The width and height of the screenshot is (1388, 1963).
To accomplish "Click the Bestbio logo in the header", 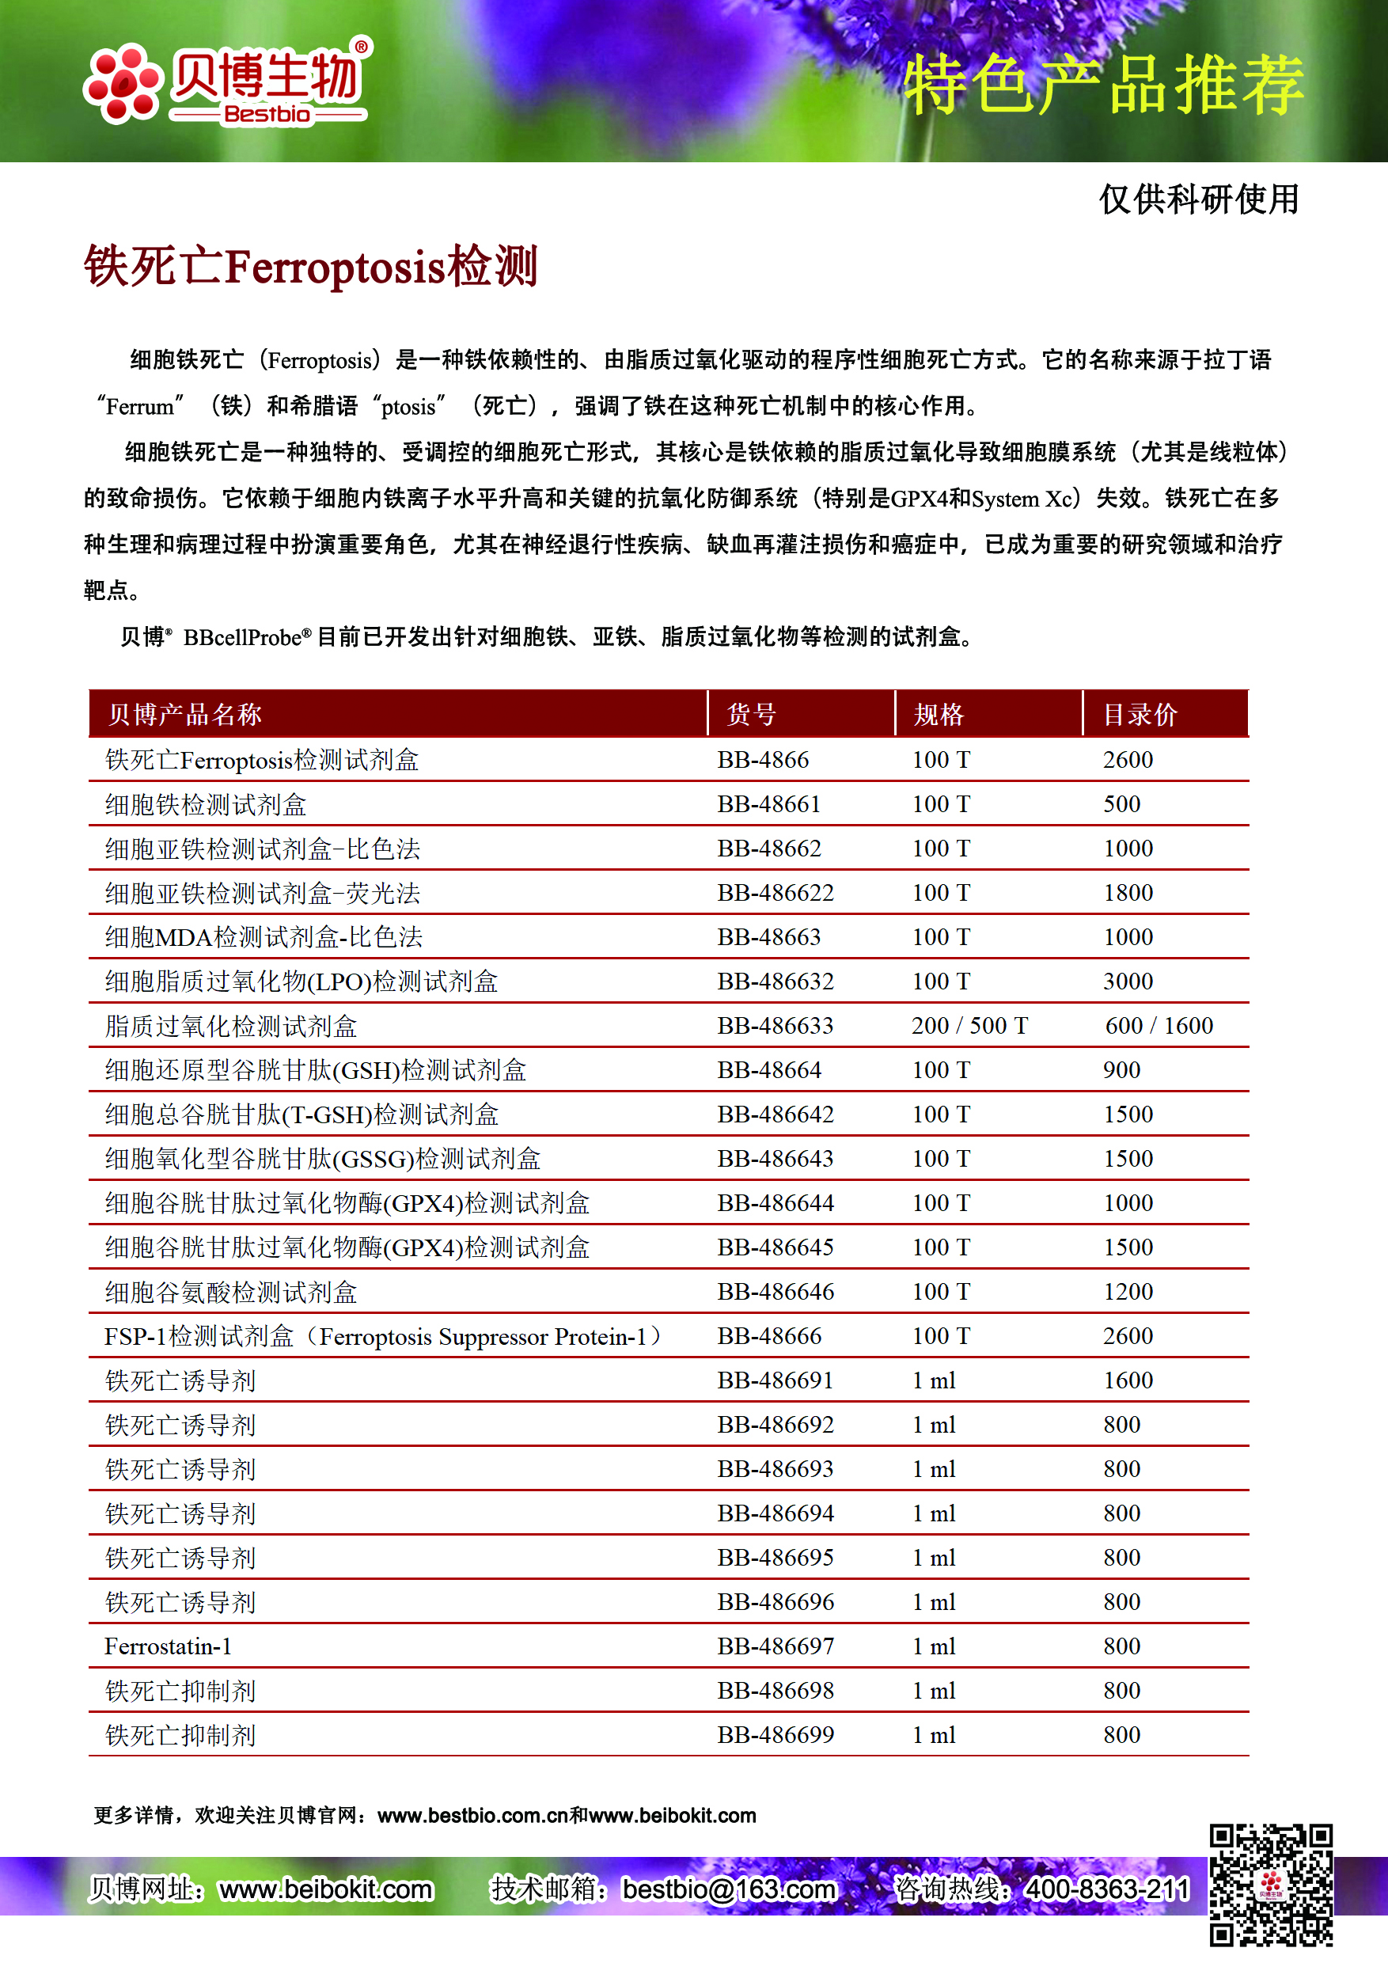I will click(227, 82).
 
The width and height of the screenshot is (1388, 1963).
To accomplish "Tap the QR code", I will click(1270, 1885).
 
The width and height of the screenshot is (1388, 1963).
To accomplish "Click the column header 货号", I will click(751, 714).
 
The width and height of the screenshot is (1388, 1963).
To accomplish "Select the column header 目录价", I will click(1140, 714).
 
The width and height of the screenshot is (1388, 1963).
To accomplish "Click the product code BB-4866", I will click(762, 759).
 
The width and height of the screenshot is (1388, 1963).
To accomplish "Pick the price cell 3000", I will click(1128, 981).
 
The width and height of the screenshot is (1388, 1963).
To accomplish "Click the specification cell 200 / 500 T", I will click(969, 1025).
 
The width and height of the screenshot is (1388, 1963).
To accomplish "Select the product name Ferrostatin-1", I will click(168, 1646).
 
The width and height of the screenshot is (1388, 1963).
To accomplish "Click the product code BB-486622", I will click(776, 893).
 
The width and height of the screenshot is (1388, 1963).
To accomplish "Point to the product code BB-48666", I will click(768, 1335).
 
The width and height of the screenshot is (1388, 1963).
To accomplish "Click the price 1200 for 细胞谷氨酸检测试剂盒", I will click(1128, 1291).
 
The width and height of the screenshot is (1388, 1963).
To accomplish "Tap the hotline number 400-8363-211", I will click(1107, 1888).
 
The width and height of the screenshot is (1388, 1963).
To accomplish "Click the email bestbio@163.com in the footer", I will click(728, 1888).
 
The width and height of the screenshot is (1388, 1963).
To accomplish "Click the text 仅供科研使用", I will click(1198, 199).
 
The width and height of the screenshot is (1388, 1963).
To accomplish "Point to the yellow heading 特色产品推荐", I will click(1103, 84).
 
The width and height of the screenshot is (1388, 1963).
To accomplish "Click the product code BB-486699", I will click(776, 1735).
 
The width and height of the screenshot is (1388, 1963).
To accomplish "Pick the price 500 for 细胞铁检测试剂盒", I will click(1121, 803).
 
